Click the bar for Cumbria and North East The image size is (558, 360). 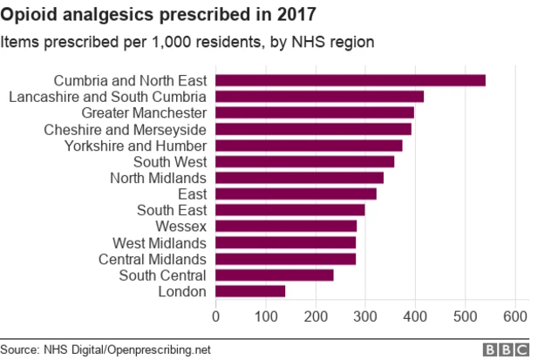[350, 80]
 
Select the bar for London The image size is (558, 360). [250, 291]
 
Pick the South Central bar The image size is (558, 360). [274, 275]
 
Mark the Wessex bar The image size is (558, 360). [286, 227]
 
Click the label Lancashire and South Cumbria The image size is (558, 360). [107, 97]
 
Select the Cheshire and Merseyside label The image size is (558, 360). [125, 129]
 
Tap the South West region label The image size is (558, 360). [169, 161]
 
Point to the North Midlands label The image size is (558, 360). [158, 178]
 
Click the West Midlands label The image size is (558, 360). [160, 242]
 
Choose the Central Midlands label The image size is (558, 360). [153, 259]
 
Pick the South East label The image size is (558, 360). [171, 210]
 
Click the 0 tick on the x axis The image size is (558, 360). [215, 316]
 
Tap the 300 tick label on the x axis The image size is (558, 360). [365, 316]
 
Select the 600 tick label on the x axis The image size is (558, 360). [515, 316]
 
